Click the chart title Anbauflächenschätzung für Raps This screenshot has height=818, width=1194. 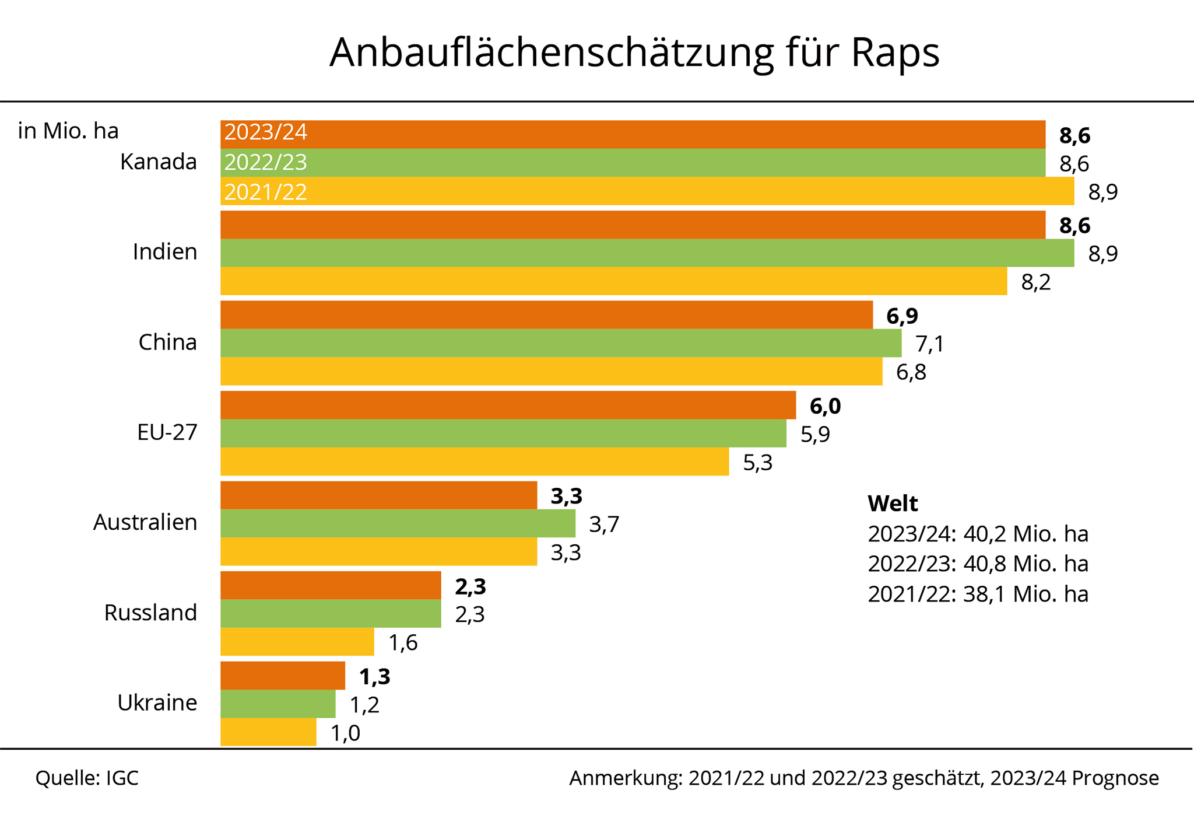(x=634, y=53)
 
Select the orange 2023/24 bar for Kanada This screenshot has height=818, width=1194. (x=633, y=134)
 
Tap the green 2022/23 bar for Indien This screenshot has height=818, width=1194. (x=647, y=253)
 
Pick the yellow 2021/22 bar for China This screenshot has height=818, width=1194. (x=551, y=371)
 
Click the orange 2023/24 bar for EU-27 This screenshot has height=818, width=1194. (x=508, y=405)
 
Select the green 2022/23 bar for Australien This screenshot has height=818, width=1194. (x=398, y=523)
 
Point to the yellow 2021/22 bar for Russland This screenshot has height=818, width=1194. (x=297, y=642)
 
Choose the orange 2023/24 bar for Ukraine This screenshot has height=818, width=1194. (x=283, y=676)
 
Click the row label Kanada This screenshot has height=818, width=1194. (x=159, y=162)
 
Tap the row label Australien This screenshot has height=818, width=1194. (x=145, y=522)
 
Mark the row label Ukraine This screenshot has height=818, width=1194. (x=157, y=702)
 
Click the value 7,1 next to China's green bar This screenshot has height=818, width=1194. (x=929, y=344)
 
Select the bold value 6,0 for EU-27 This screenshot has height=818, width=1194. (x=825, y=406)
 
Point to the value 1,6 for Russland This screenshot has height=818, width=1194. (x=403, y=643)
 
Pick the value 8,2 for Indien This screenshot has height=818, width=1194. (x=1035, y=282)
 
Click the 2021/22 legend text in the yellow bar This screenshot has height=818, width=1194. (x=265, y=192)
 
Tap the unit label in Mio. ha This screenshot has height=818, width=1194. (x=68, y=131)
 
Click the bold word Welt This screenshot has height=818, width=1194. (x=892, y=503)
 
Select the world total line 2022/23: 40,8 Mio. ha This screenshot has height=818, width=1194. (x=978, y=564)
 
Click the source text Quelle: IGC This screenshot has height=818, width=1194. (x=87, y=778)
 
